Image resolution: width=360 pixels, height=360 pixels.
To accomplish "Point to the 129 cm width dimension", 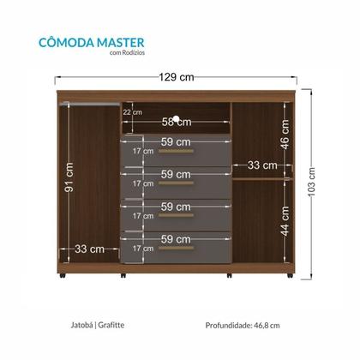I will (x=177, y=77).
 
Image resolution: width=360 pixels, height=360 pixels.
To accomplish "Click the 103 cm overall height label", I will (x=312, y=181).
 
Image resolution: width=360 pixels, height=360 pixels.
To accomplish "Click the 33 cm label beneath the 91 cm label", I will (x=88, y=249).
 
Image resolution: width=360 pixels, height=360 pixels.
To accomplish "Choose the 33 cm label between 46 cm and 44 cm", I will (x=262, y=165).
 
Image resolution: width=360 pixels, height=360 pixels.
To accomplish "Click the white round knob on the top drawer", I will (x=177, y=119).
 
